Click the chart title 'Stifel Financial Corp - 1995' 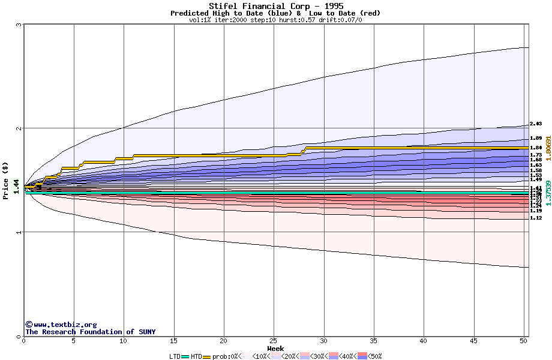(x=275, y=6)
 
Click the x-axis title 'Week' (x=275, y=348)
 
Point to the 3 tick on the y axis (x=19, y=25)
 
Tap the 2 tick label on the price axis (x=19, y=128)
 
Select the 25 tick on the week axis (x=274, y=341)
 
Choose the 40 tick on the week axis (x=424, y=341)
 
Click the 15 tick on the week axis (x=173, y=341)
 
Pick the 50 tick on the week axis (x=523, y=341)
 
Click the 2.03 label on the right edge (x=536, y=124)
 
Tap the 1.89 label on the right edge (x=536, y=138)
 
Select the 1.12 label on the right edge (x=536, y=218)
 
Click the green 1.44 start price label (x=16, y=187)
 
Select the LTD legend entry (x=175, y=356)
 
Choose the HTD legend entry (x=196, y=356)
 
